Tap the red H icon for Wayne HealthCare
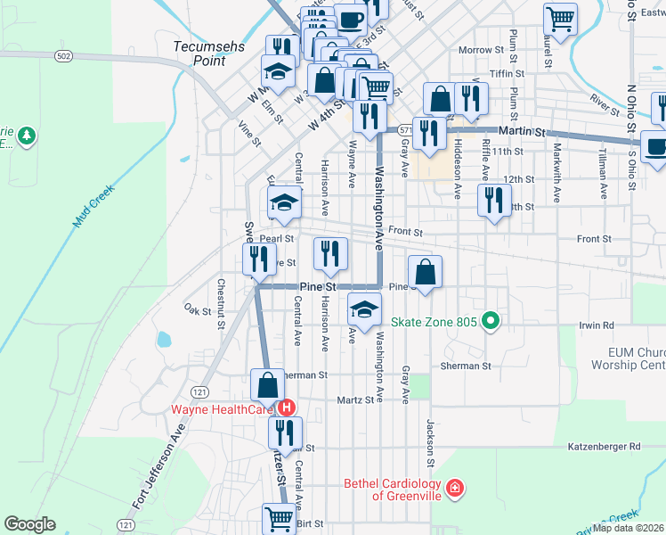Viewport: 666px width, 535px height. [x=287, y=408]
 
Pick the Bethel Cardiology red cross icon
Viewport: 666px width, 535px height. [x=455, y=488]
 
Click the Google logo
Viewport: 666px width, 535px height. [x=30, y=524]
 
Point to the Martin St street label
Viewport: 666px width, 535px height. [x=522, y=131]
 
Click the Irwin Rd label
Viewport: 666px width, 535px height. [x=597, y=326]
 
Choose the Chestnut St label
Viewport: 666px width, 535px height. [x=220, y=303]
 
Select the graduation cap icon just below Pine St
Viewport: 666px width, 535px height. [x=363, y=309]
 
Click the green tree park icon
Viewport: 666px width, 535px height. [x=27, y=136]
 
